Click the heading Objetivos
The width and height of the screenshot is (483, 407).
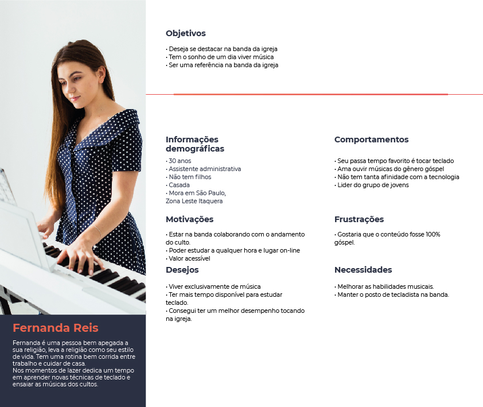point(185,33)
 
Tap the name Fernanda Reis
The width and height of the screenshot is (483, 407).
point(56,328)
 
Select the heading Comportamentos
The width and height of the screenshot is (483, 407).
point(371,139)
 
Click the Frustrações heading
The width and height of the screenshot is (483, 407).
point(359,219)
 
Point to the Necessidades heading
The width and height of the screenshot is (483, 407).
point(363,270)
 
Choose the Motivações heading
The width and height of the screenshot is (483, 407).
point(189,219)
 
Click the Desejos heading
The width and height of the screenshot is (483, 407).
point(182,270)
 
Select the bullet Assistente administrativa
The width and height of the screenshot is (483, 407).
point(205,169)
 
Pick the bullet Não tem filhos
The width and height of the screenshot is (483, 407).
point(190,177)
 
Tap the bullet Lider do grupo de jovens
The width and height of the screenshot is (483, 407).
point(374,185)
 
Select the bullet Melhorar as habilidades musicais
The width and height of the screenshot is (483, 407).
point(384,286)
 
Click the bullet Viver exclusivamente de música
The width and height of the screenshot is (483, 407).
point(215,286)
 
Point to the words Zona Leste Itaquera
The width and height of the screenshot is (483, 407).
point(194,201)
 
